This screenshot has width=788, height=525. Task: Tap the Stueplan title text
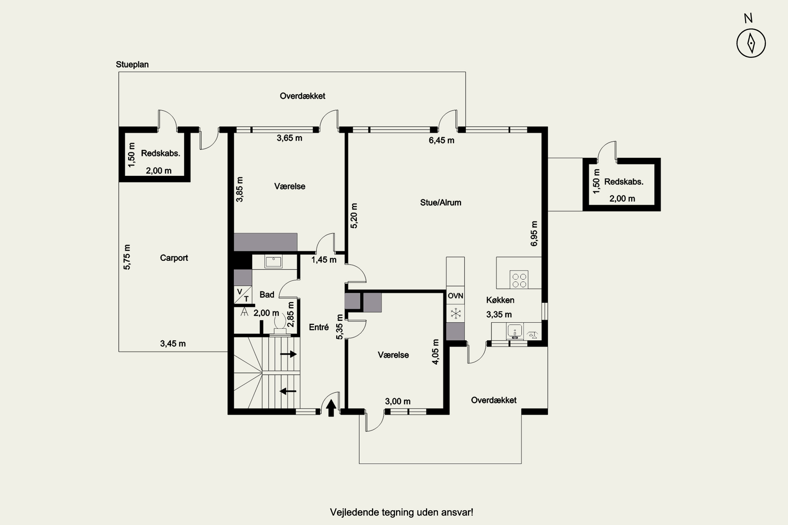(132, 65)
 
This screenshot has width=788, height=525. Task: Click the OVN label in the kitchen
(455, 296)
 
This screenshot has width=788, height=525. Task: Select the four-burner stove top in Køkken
(519, 280)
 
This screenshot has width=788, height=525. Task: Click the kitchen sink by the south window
(515, 331)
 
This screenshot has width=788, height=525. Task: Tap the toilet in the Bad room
(280, 323)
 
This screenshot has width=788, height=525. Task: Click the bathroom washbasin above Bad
(273, 261)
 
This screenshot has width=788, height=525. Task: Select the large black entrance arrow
(331, 408)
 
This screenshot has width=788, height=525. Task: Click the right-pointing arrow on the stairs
(288, 354)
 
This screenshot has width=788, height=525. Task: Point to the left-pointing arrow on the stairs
(288, 391)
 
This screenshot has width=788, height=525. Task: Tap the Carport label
(174, 258)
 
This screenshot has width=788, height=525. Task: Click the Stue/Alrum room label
(440, 203)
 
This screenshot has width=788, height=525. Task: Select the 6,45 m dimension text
(442, 140)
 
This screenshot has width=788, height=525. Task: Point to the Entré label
(319, 327)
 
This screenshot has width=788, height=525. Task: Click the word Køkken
(500, 300)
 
